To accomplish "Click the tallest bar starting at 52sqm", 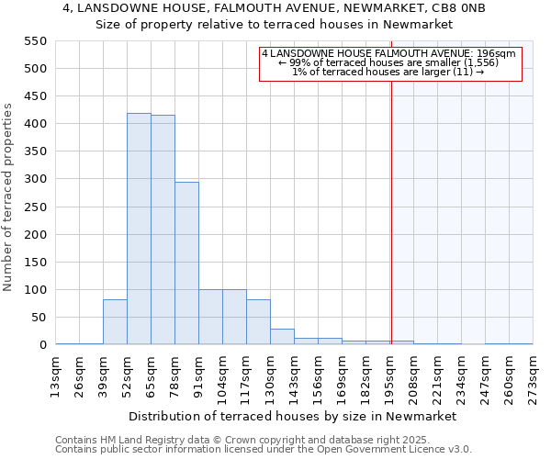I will point(139,229).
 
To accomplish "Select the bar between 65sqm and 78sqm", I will point(163,230).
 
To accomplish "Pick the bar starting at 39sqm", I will point(115,322).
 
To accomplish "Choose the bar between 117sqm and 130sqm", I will point(258,322).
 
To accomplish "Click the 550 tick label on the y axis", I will point(35,41).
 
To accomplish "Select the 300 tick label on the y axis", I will point(35,179).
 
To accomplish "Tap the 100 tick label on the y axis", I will point(35,290).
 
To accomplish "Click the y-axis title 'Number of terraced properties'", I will point(9,197).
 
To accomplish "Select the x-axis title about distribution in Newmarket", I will point(293,416).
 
